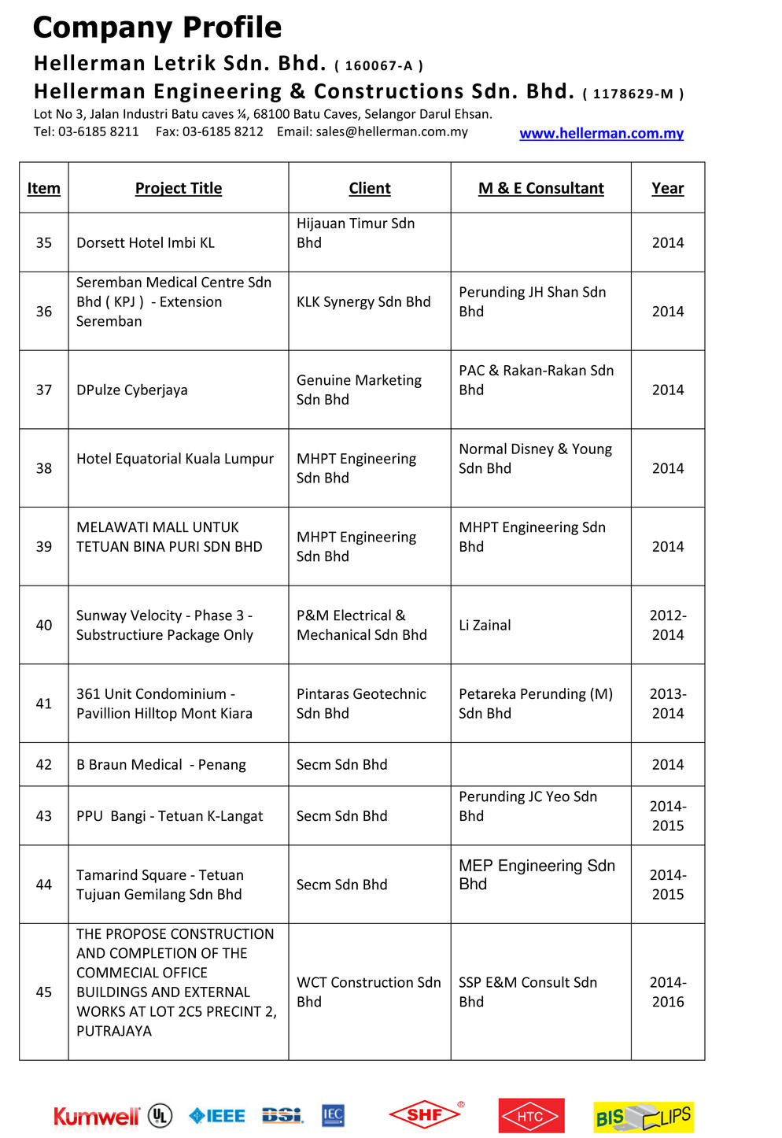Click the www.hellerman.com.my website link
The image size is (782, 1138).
pyautogui.click(x=601, y=133)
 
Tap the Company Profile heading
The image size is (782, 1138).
pyautogui.click(x=157, y=28)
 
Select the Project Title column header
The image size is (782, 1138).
pyautogui.click(x=179, y=188)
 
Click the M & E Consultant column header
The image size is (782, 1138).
pyautogui.click(x=540, y=188)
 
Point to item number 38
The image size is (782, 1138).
pyautogui.click(x=44, y=468)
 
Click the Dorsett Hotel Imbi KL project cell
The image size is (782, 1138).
pyautogui.click(x=146, y=242)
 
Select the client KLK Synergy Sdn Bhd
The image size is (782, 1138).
pyautogui.click(x=363, y=301)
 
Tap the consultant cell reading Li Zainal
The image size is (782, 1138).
pyautogui.click(x=485, y=625)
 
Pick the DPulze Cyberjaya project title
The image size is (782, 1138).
pyautogui.click(x=132, y=390)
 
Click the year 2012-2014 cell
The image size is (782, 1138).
pyautogui.click(x=667, y=625)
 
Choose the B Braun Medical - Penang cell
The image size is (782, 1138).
pyautogui.click(x=161, y=764)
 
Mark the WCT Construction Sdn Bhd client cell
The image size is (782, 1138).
pyautogui.click(x=368, y=992)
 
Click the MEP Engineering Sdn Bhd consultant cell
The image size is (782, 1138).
pyautogui.click(x=537, y=874)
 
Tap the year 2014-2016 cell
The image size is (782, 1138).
pyautogui.click(x=667, y=992)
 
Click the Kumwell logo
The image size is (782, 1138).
pyautogui.click(x=96, y=1116)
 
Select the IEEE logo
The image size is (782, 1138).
pyautogui.click(x=217, y=1115)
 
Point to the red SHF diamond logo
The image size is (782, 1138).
pyautogui.click(x=425, y=1114)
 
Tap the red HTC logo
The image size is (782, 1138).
pyautogui.click(x=531, y=1116)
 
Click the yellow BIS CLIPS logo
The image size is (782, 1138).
pyautogui.click(x=644, y=1117)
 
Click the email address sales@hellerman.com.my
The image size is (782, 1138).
pyautogui.click(x=392, y=131)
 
